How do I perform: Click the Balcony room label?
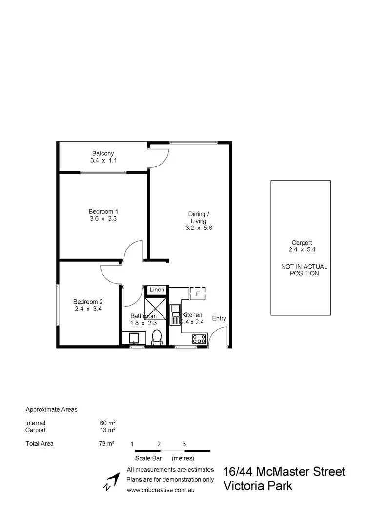pos(103,153)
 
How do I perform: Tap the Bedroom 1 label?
pos(103,211)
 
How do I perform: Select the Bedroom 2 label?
pos(88,301)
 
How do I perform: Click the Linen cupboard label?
pos(157,290)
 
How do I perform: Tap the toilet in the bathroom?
pos(157,337)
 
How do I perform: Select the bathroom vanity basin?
pos(133,338)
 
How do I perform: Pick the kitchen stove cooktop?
pos(199,338)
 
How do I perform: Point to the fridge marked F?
pos(198,294)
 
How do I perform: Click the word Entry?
pos(219,318)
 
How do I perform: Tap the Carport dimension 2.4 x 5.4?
pos(301,249)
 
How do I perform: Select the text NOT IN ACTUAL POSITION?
pos(304,270)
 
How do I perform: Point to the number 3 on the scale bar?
pos(184,444)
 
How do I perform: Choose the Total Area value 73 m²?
pos(106,444)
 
